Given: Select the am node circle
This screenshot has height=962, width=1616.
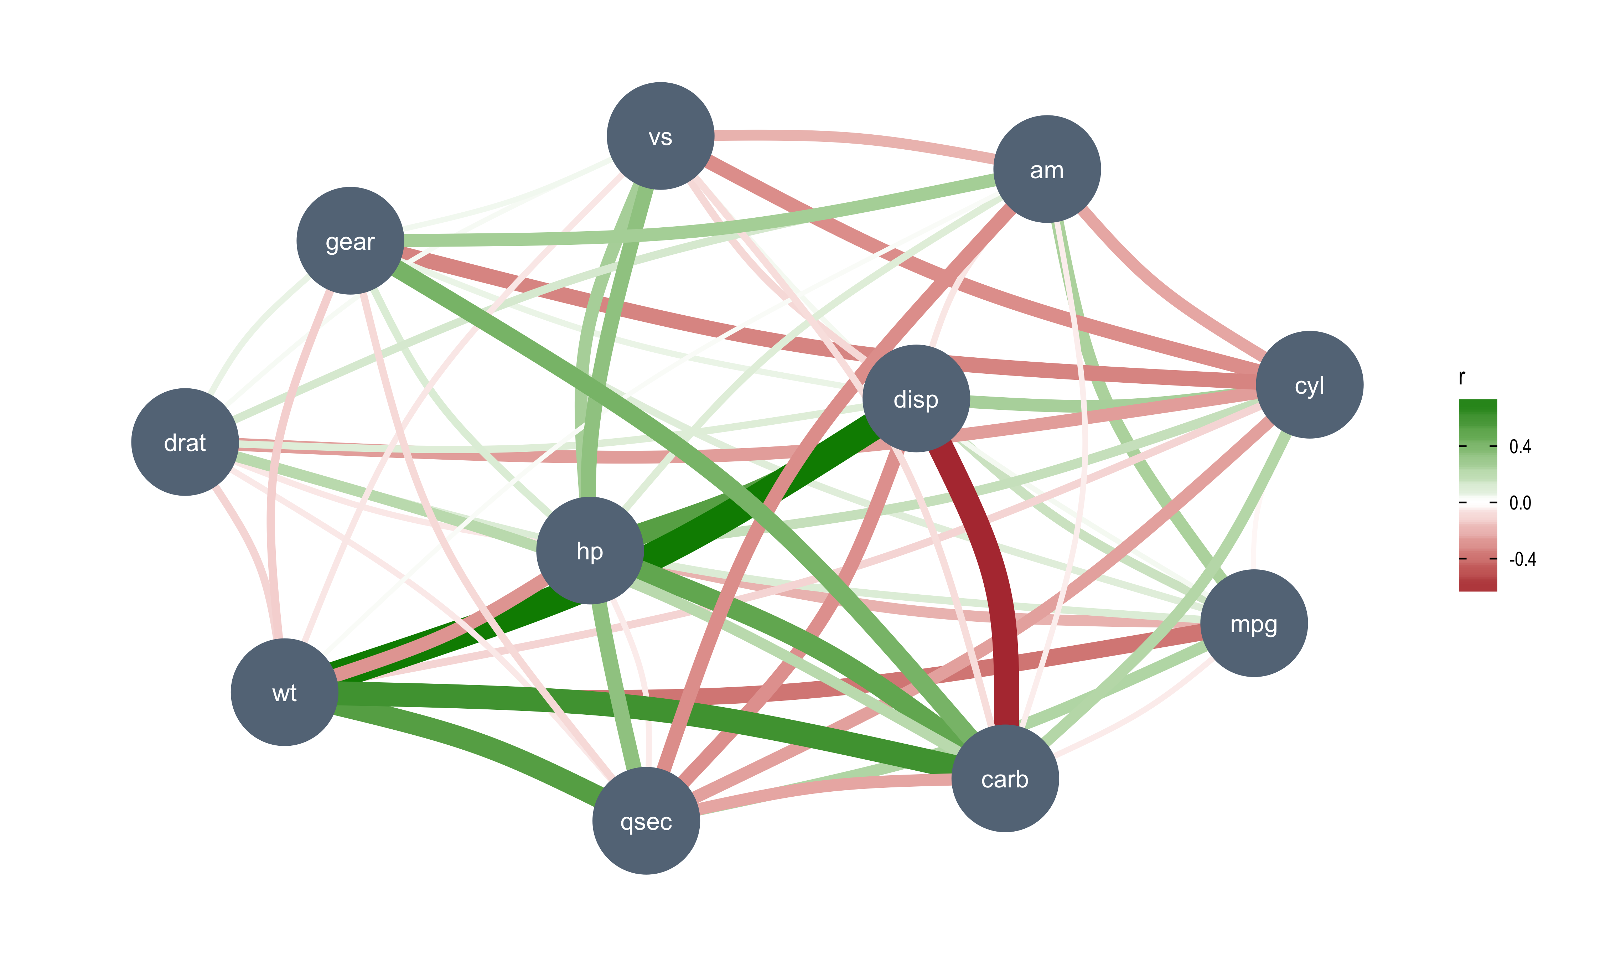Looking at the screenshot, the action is coord(1046,169).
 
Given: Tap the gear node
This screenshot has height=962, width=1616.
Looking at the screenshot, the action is coord(350,240).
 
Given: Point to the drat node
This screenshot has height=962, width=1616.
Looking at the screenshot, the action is coord(185,442).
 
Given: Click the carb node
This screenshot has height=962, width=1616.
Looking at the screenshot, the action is coord(1005,778).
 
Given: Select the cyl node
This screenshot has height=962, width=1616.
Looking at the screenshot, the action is coord(1309,384).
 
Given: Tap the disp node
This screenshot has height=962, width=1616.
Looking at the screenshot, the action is coord(916,399).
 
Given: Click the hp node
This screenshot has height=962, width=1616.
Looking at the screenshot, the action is coord(590,550).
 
